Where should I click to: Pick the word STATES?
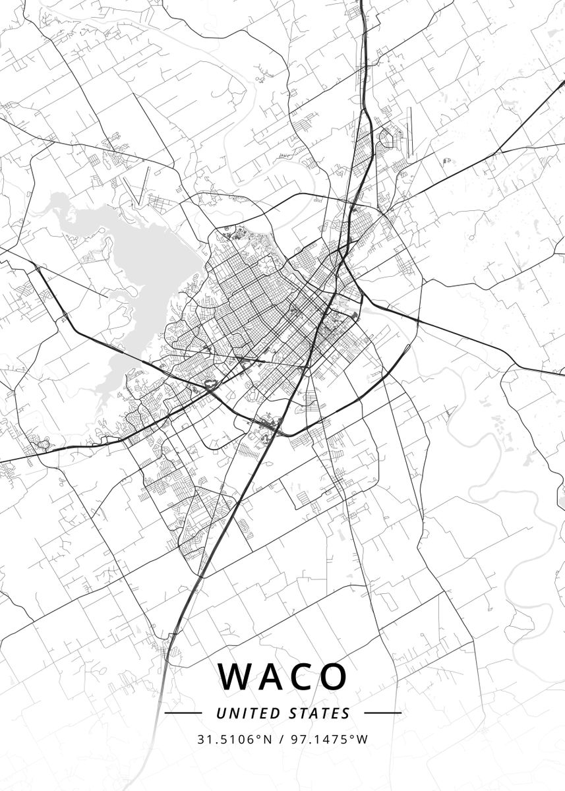[319, 713]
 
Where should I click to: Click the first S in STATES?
[292, 713]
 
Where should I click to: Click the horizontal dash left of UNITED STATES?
[183, 713]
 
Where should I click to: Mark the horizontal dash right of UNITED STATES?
[382, 713]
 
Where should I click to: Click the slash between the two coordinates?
[282, 739]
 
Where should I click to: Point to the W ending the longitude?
[363, 739]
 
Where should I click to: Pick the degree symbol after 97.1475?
[353, 736]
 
